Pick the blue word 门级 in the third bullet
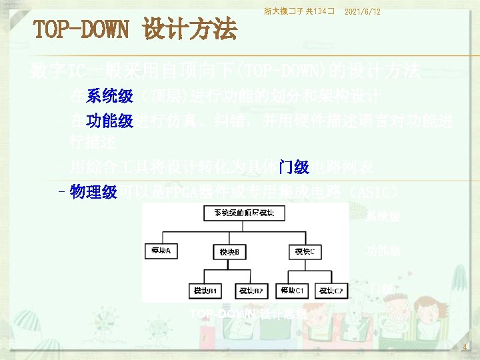[293, 167]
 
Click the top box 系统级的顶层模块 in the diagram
[248, 213]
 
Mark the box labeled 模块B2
[251, 291]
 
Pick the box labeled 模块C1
[293, 291]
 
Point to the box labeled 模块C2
[331, 291]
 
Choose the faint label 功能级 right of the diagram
[383, 251]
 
